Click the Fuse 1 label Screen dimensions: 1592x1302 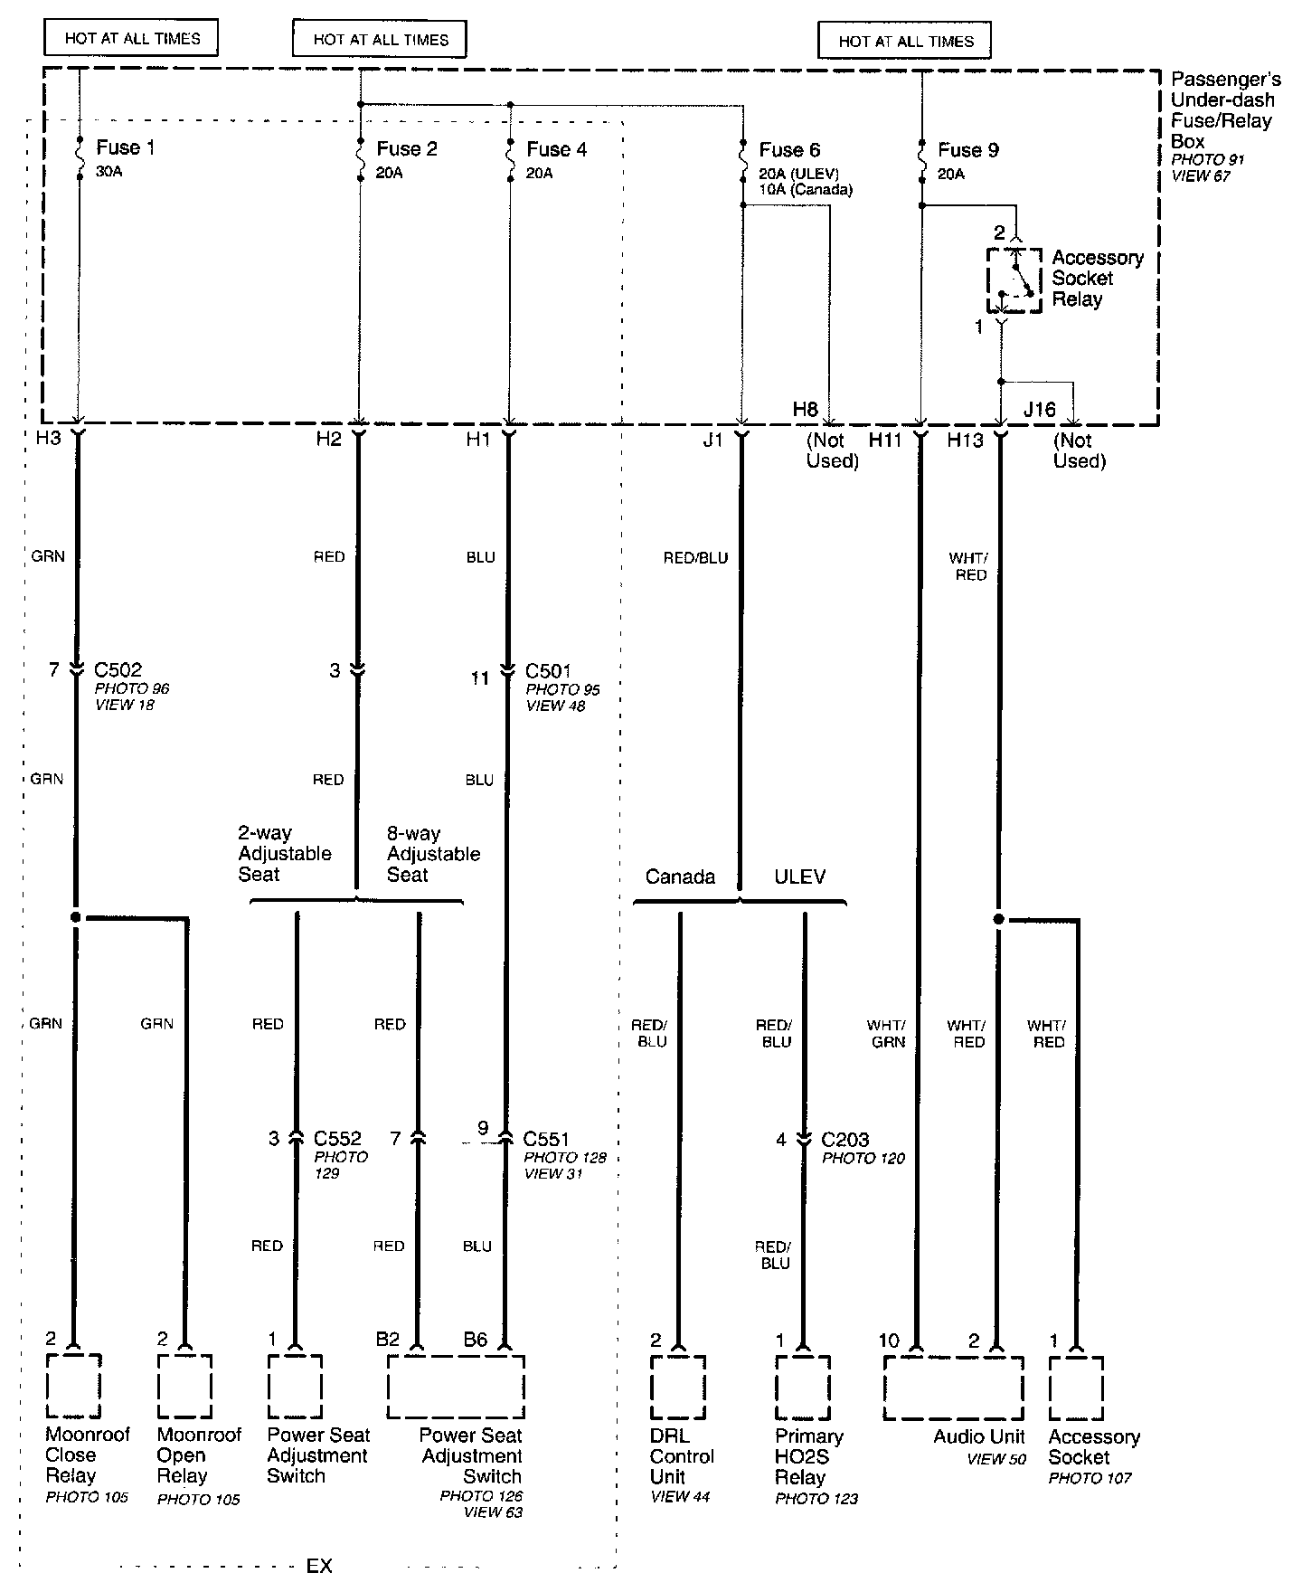(x=125, y=147)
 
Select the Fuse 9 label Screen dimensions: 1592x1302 (x=967, y=150)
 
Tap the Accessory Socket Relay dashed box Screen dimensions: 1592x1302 (x=1014, y=280)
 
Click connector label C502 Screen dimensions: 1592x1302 (x=118, y=670)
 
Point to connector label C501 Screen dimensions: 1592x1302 (x=549, y=671)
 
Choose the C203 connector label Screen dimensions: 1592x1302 (x=845, y=1139)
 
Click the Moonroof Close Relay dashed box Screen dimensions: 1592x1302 (x=73, y=1385)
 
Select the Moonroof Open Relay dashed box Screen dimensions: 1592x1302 (x=184, y=1385)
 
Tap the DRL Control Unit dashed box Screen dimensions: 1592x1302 (x=677, y=1387)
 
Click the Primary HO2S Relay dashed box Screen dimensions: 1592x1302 (x=802, y=1387)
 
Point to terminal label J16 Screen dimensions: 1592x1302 (x=1039, y=410)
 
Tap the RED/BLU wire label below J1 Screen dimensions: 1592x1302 (x=695, y=558)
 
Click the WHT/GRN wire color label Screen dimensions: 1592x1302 (x=886, y=1033)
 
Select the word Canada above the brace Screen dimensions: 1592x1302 (x=680, y=877)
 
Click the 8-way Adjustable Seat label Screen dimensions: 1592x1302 (x=433, y=854)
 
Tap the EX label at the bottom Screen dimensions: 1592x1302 (x=319, y=1566)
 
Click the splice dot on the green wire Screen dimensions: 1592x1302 (x=76, y=917)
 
